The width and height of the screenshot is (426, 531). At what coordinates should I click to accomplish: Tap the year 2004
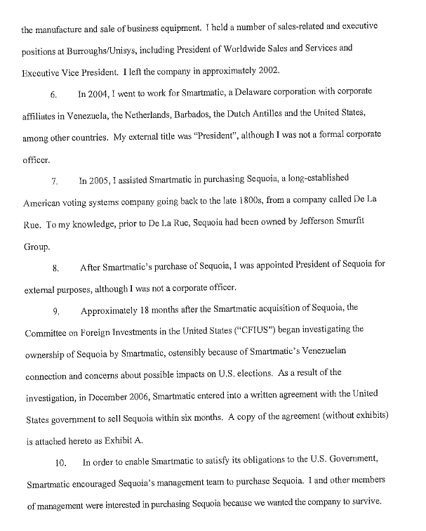100,93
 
